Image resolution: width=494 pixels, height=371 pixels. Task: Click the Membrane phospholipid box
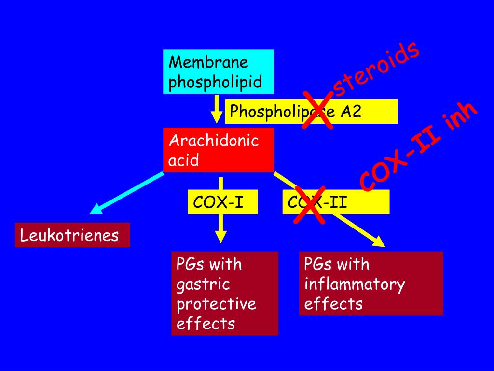219,71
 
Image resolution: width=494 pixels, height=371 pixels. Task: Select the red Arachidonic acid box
219,150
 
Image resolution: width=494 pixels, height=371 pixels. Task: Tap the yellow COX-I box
222,202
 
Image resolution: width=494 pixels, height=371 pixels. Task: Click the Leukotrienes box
72,235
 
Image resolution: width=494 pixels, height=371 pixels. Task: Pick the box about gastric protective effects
225,293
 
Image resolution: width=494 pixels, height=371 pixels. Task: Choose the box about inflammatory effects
370,284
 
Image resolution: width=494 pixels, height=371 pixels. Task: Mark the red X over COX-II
310,205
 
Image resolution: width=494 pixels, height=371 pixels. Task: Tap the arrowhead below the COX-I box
220,236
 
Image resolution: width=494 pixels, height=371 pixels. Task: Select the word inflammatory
354,284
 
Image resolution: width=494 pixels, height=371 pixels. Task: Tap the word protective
216,304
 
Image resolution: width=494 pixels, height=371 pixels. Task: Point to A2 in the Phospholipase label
352,112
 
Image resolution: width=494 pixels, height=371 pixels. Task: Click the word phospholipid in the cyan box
215,82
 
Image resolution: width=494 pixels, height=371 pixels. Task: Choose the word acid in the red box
184,160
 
